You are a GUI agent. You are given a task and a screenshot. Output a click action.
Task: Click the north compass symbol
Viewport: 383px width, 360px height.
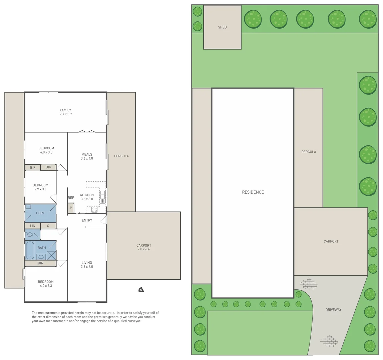[141, 289]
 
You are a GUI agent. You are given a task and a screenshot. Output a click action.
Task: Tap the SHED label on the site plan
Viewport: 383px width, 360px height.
[222, 27]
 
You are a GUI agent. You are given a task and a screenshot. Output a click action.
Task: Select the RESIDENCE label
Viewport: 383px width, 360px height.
[253, 192]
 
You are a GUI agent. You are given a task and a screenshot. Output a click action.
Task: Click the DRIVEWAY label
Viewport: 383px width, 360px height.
[333, 310]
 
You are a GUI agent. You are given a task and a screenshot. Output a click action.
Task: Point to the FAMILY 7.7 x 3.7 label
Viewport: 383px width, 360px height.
[65, 112]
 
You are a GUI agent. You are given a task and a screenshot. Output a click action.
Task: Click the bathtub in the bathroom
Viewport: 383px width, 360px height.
[30, 250]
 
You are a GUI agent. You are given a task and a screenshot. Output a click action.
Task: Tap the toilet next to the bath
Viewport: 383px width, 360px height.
[29, 235]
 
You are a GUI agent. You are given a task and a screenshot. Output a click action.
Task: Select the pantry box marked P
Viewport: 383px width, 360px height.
[71, 208]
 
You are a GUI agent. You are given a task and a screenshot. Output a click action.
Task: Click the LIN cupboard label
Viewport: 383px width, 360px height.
[32, 226]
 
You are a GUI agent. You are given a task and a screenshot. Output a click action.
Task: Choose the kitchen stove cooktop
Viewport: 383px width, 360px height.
[94, 210]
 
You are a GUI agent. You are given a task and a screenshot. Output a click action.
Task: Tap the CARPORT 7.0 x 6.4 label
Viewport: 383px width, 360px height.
[144, 247]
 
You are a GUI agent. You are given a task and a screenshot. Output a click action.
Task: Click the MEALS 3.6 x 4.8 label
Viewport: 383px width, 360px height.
[87, 156]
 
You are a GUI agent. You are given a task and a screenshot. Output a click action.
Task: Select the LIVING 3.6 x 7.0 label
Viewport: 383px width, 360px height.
[87, 265]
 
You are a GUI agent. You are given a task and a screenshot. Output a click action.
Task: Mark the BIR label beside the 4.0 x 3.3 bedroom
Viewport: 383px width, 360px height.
[40, 263]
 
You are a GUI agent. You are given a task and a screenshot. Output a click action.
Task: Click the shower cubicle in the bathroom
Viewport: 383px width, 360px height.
[51, 255]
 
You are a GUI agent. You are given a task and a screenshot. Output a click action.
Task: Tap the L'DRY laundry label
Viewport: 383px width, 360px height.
[40, 213]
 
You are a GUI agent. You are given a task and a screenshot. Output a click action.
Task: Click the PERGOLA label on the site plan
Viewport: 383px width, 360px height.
[309, 152]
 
